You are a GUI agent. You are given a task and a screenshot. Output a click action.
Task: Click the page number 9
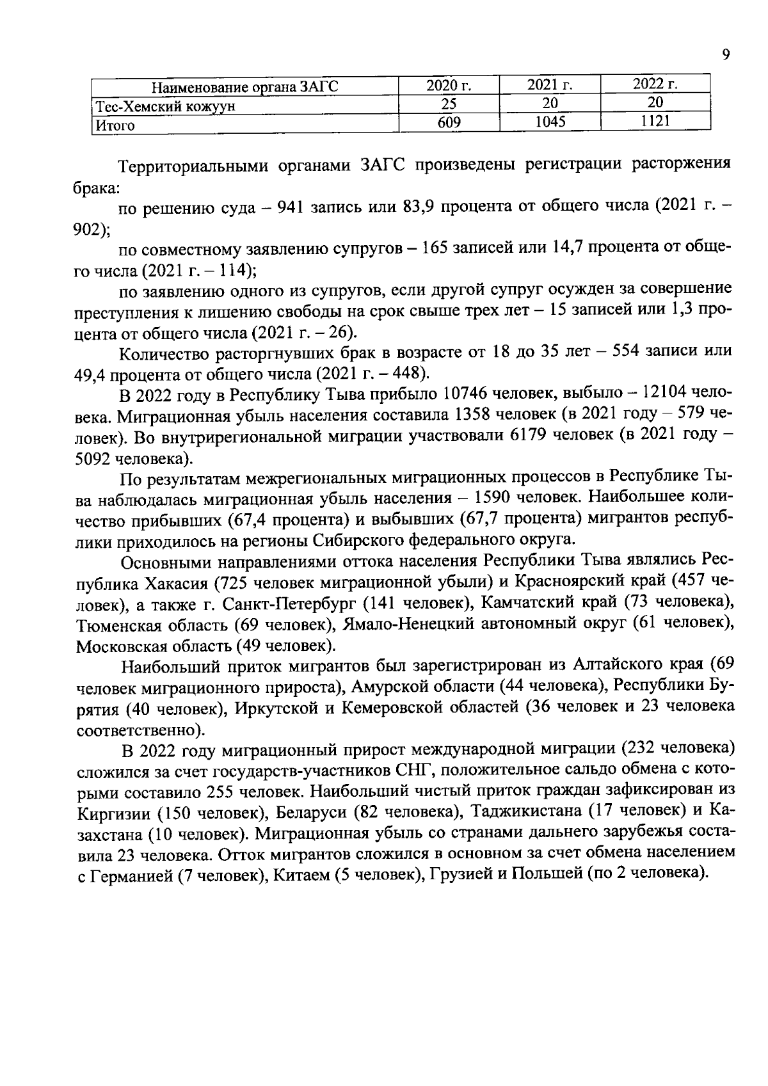pos(725,55)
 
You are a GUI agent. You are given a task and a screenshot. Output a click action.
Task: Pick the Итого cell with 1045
pos(550,121)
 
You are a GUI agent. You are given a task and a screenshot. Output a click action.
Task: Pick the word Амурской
pos(391,687)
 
